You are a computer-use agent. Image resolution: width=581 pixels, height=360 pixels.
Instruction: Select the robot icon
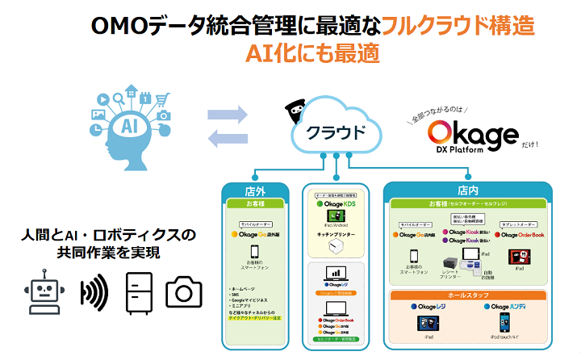click(x=44, y=291)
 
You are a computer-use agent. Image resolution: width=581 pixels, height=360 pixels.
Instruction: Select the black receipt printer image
click(x=451, y=262)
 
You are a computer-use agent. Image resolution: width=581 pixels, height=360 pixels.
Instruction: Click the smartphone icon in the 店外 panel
click(x=254, y=251)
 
